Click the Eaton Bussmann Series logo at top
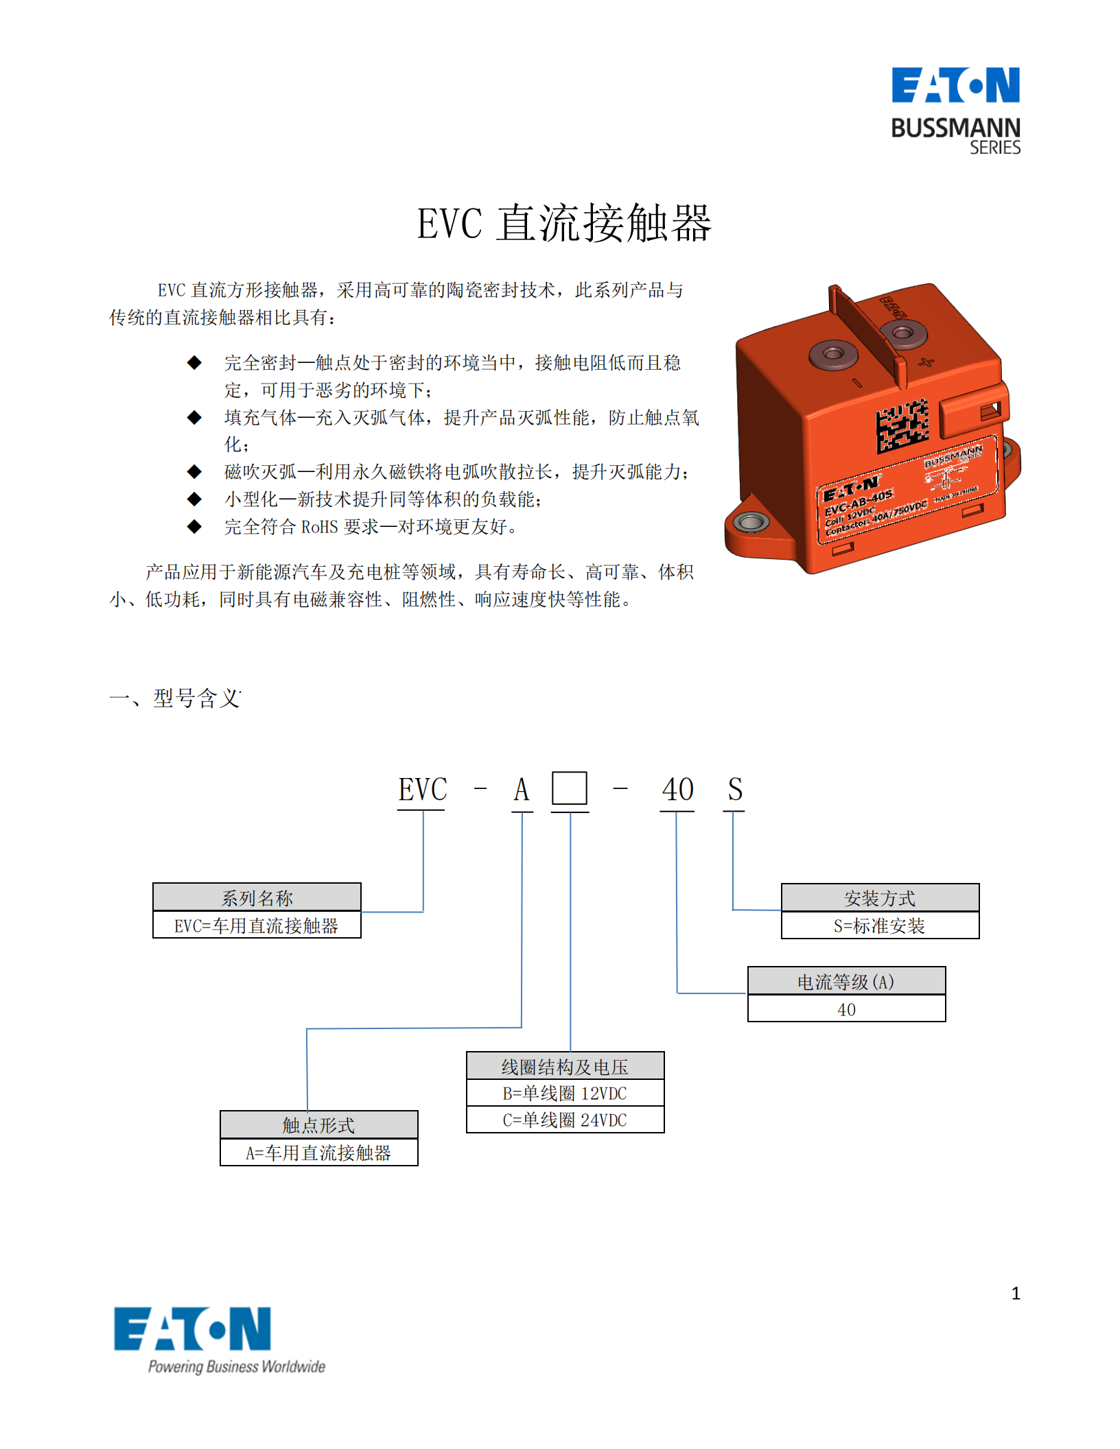[x=955, y=110]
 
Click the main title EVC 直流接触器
[x=564, y=224]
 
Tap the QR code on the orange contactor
[x=902, y=426]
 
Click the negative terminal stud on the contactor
[x=833, y=354]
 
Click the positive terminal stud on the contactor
[x=902, y=333]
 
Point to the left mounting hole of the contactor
[x=751, y=522]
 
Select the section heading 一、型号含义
[x=175, y=698]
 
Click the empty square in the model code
[x=569, y=788]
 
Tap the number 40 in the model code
[x=677, y=790]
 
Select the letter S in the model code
[x=734, y=790]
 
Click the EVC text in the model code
[x=422, y=790]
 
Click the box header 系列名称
[x=257, y=897]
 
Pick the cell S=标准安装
[x=879, y=926]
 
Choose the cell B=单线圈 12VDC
[x=565, y=1093]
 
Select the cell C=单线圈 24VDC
[x=565, y=1120]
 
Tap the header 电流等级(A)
[x=845, y=982]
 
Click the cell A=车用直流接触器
[x=318, y=1153]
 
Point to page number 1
[x=1015, y=1293]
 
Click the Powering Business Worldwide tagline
[x=237, y=1366]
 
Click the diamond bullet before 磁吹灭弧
[x=195, y=471]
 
